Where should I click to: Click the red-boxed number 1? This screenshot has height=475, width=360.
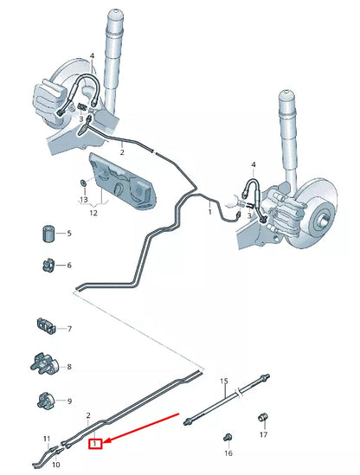(98, 445)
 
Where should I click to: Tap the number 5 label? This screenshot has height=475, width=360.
(69, 234)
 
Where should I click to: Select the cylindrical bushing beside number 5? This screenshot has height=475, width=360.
(48, 234)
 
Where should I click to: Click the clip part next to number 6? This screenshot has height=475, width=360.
(48, 265)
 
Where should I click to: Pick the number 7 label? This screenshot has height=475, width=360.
(69, 329)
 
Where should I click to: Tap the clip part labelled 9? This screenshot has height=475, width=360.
(48, 400)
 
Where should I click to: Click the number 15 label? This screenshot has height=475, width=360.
(223, 381)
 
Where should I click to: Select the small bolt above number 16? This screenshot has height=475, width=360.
(228, 436)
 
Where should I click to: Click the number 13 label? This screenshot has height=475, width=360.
(83, 199)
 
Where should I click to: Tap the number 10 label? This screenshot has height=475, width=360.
(57, 464)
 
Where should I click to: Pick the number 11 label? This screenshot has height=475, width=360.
(48, 440)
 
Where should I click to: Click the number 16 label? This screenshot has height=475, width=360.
(228, 453)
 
